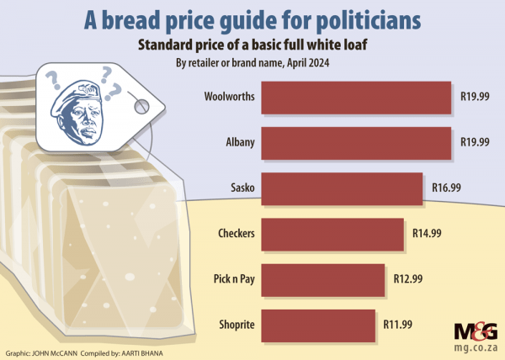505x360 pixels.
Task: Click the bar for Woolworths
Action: click(357, 96)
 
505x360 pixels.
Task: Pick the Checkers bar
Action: click(333, 232)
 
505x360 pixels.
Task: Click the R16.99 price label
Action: click(447, 187)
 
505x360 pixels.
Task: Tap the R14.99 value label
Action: click(428, 232)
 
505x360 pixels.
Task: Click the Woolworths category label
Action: click(229, 96)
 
